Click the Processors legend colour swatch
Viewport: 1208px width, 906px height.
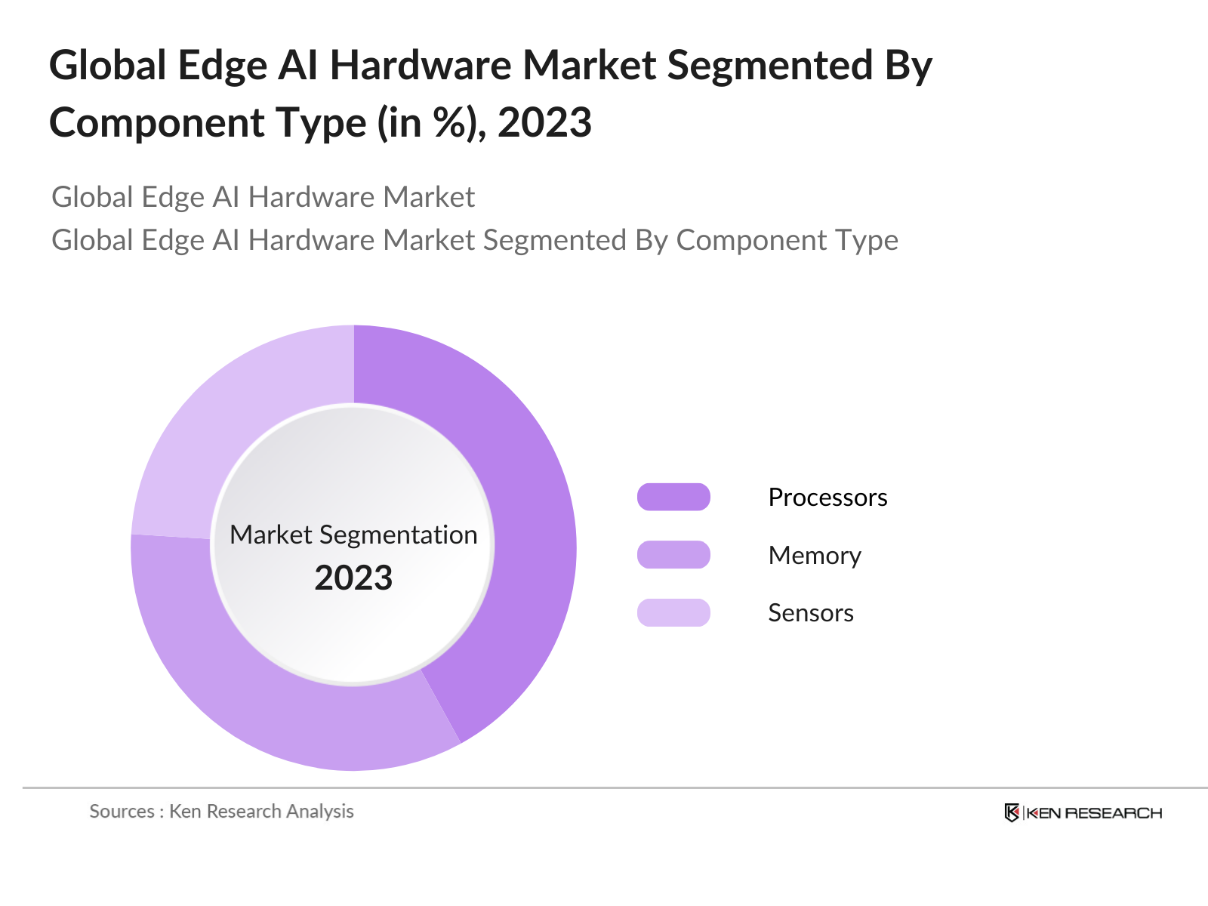(673, 497)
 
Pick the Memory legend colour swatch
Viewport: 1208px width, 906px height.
(673, 555)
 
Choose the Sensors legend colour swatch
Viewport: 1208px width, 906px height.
(673, 612)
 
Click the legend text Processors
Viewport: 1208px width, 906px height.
(827, 498)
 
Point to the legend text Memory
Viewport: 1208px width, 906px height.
(815, 556)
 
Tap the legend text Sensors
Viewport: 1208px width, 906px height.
(811, 613)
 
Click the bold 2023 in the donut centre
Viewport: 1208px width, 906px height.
(353, 578)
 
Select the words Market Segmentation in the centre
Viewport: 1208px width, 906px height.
(353, 535)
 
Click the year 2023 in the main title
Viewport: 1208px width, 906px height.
(544, 122)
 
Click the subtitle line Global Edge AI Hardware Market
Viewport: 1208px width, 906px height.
(263, 197)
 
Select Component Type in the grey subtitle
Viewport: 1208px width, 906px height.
(787, 240)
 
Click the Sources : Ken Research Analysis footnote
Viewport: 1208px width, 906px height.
(221, 812)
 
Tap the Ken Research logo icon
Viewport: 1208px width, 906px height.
(1012, 813)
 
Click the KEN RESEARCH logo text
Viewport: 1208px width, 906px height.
(1094, 813)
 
